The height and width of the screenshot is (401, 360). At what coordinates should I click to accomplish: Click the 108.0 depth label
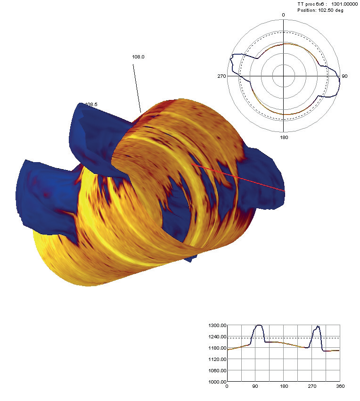click(x=138, y=57)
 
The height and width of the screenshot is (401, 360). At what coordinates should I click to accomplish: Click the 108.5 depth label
click(x=91, y=104)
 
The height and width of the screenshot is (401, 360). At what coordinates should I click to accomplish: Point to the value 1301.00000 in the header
click(x=344, y=4)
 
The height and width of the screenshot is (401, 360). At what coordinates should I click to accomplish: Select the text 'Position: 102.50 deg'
click(x=320, y=10)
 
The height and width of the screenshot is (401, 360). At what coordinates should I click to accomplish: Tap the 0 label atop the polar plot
click(x=283, y=15)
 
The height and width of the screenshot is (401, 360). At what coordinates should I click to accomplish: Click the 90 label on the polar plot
click(x=344, y=76)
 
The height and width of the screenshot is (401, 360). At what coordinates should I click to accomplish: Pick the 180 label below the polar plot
click(x=284, y=137)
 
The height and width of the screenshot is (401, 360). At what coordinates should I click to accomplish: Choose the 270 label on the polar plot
click(x=221, y=76)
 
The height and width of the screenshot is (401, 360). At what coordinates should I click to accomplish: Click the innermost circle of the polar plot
click(x=283, y=65)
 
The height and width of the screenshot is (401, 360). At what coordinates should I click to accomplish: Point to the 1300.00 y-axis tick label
click(x=218, y=326)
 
